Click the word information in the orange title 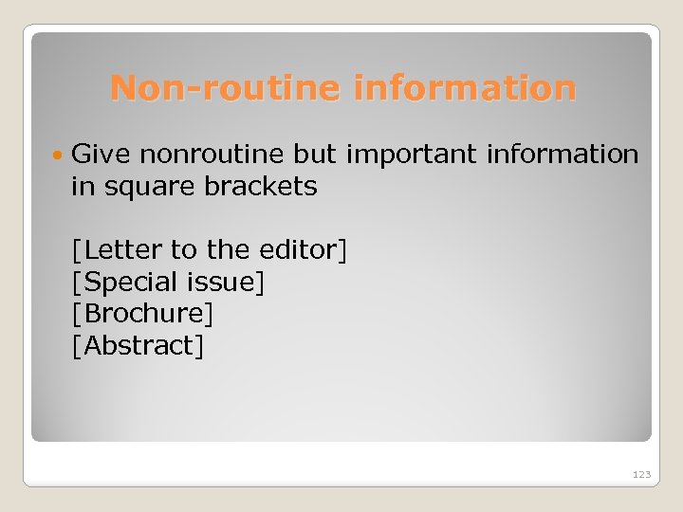(465, 88)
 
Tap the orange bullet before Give (59, 155)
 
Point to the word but (315, 154)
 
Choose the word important (412, 155)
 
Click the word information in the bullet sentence (564, 154)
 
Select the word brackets (261, 186)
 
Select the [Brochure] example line (143, 313)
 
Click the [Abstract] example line (138, 345)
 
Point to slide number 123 (642, 473)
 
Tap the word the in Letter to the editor (228, 250)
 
